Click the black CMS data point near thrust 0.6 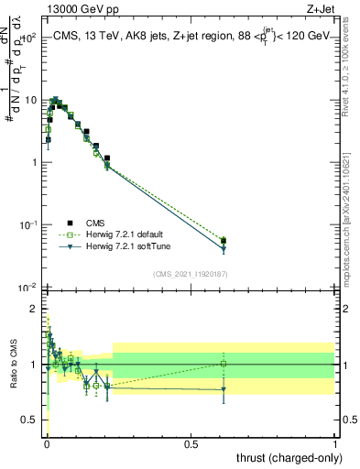[x=224, y=241]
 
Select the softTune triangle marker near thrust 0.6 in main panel [x=224, y=249]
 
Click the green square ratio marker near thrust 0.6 [x=224, y=364]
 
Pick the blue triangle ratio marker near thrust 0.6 [x=224, y=390]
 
